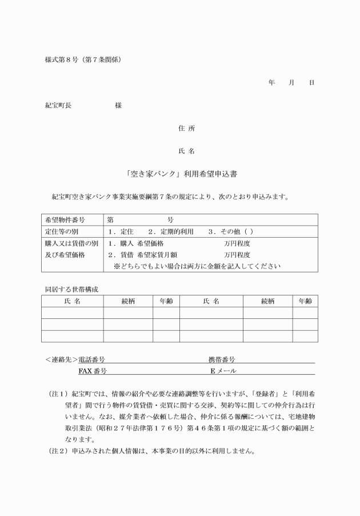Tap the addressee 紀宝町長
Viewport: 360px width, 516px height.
pyautogui.click(x=58, y=105)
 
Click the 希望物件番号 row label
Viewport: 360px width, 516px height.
pyautogui.click(x=65, y=220)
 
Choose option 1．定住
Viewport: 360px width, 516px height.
pyautogui.click(x=120, y=231)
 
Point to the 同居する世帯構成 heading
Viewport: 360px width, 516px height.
pyautogui.click(x=71, y=289)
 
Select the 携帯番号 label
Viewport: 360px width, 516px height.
pyautogui.click(x=222, y=360)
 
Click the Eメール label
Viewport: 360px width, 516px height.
pyautogui.click(x=223, y=371)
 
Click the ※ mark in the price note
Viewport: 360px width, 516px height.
pyautogui.click(x=117, y=266)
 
